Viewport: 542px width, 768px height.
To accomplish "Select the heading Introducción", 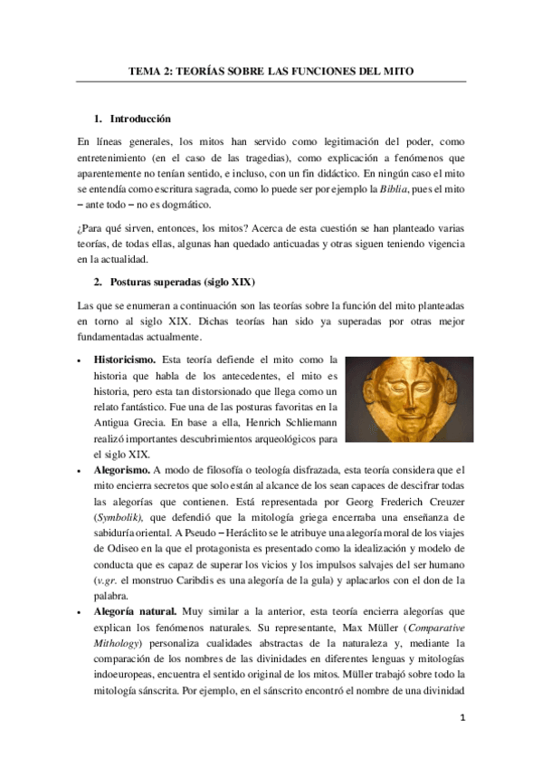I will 140,120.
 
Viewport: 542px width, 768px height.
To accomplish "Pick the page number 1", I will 461,719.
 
